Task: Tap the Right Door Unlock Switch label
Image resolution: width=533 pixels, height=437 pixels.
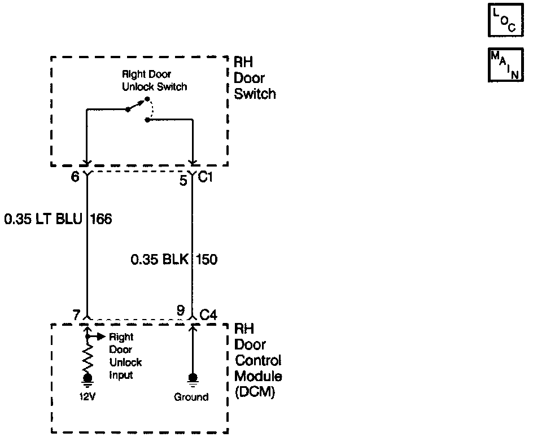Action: (155, 81)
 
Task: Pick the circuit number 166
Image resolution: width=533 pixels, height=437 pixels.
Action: (101, 219)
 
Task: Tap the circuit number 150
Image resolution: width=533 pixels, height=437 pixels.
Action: (207, 260)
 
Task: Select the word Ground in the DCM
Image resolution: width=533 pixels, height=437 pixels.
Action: (191, 397)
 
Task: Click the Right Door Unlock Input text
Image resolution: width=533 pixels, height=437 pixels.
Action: (126, 356)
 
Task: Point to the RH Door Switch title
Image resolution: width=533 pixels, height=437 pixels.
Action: (255, 78)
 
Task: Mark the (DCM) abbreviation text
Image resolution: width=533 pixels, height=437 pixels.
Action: (255, 392)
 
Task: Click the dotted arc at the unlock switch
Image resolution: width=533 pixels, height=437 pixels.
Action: (151, 109)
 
